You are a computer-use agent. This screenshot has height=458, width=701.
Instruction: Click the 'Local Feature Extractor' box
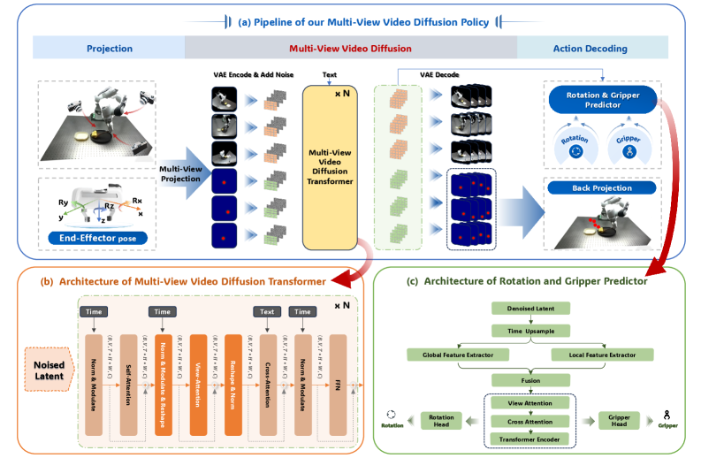[600, 355]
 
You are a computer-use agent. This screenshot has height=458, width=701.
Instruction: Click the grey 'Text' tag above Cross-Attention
[265, 312]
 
